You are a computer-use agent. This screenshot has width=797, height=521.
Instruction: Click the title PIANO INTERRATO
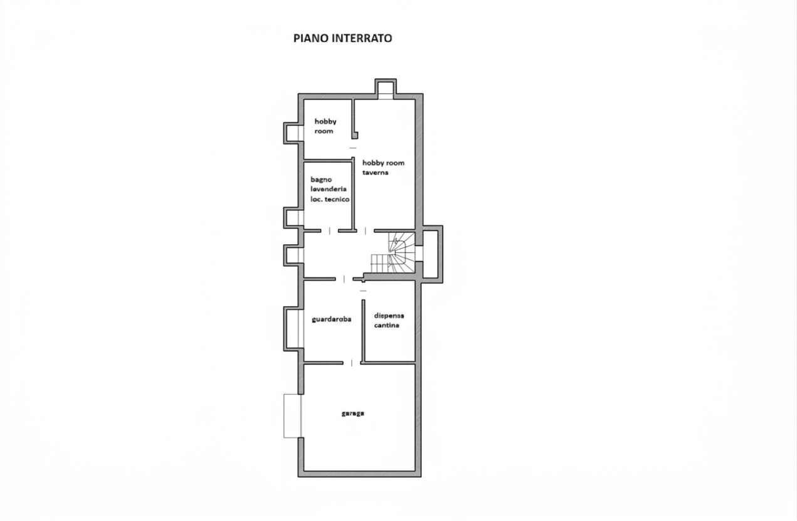click(342, 38)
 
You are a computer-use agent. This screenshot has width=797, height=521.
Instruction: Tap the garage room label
click(352, 413)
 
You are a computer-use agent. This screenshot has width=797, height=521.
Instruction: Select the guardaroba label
click(331, 319)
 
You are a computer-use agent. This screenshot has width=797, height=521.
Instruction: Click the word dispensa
click(389, 316)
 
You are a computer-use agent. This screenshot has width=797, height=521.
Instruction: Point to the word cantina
click(386, 325)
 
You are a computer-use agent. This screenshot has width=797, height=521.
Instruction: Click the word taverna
click(375, 172)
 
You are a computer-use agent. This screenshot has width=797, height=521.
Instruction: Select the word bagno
click(321, 180)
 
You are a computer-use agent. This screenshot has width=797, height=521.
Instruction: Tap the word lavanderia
click(329, 189)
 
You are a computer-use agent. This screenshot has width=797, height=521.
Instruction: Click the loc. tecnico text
click(330, 199)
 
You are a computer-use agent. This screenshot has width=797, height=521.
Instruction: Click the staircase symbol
click(393, 253)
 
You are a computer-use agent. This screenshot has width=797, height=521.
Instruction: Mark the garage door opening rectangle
click(292, 416)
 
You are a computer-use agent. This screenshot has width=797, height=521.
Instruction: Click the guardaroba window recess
click(293, 328)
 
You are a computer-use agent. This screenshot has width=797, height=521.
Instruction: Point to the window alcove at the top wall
click(386, 89)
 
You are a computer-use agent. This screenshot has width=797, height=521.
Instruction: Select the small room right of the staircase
click(431, 254)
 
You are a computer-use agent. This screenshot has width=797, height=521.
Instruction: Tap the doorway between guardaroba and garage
click(352, 363)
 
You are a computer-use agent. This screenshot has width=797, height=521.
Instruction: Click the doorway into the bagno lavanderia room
click(329, 231)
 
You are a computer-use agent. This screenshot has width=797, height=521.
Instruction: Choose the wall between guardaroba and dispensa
click(363, 331)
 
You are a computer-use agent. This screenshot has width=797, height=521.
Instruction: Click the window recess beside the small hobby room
click(293, 133)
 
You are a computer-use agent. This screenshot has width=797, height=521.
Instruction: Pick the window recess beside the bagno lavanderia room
click(293, 218)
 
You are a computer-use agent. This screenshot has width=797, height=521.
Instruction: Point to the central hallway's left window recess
click(293, 255)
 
